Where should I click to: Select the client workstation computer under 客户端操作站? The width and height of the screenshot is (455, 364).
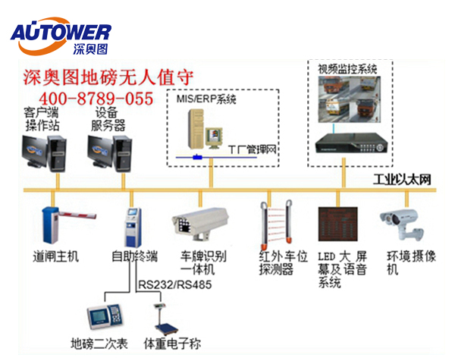(42, 151)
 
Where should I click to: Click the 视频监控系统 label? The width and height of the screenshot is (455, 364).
(348, 69)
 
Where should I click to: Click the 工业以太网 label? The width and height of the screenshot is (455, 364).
(402, 180)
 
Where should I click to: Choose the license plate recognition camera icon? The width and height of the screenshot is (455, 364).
(199, 221)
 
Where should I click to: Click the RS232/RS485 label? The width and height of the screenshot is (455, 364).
(175, 285)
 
